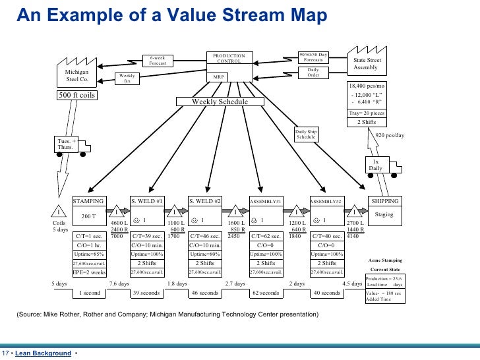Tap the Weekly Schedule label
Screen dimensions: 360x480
(220, 102)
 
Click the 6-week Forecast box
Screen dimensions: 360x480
(158, 61)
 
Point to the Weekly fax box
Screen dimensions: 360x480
(128, 78)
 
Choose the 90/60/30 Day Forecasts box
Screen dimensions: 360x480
(313, 57)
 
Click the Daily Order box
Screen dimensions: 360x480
(313, 72)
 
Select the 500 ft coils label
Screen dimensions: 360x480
(76, 95)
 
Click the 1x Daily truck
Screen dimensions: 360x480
(376, 165)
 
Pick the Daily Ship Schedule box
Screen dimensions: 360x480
(306, 135)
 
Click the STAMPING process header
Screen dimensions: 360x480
(88, 200)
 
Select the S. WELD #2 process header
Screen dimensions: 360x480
(206, 200)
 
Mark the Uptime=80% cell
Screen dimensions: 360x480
(206, 253)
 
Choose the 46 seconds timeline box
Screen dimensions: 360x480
(204, 293)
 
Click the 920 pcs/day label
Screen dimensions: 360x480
(389, 135)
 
